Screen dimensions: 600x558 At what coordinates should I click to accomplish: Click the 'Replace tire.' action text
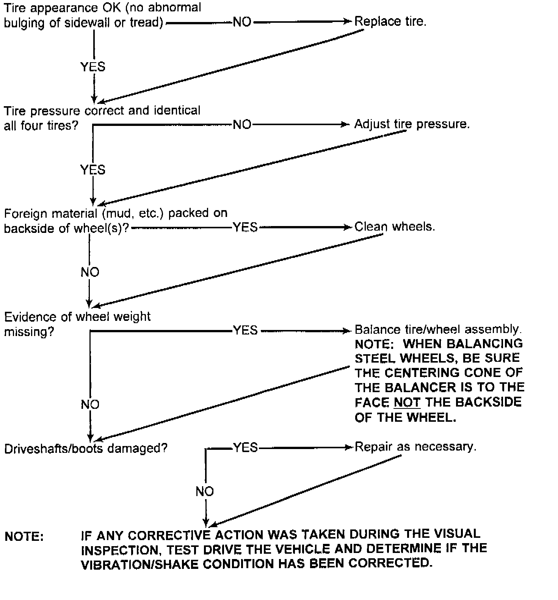coord(390,21)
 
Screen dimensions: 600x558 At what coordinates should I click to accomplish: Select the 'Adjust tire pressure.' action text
coord(412,124)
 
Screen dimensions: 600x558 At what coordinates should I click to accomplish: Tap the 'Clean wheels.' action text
coord(395,227)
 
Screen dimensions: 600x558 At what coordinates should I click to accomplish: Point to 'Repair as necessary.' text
coord(415,447)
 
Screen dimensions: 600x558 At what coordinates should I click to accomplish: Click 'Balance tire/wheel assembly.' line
coord(438,329)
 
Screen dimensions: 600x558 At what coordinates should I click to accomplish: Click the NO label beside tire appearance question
coord(242,22)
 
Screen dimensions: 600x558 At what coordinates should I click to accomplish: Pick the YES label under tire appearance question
coord(92,67)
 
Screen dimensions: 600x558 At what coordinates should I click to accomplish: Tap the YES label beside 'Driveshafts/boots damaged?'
coord(245,448)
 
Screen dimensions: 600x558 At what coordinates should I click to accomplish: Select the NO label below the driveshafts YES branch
coord(205,492)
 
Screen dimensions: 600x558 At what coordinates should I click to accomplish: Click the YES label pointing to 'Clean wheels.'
coord(245,227)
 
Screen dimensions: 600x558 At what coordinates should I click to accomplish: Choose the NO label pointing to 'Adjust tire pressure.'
coord(242,124)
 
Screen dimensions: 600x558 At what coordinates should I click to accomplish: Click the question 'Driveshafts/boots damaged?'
coord(86,448)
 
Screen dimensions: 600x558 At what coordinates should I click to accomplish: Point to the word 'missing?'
coord(29,332)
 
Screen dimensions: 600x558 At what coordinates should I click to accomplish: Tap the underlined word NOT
coord(407,402)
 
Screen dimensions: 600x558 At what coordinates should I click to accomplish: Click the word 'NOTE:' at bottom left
coord(24,537)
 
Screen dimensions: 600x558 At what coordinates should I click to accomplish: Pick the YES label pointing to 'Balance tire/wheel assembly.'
coord(245,330)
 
